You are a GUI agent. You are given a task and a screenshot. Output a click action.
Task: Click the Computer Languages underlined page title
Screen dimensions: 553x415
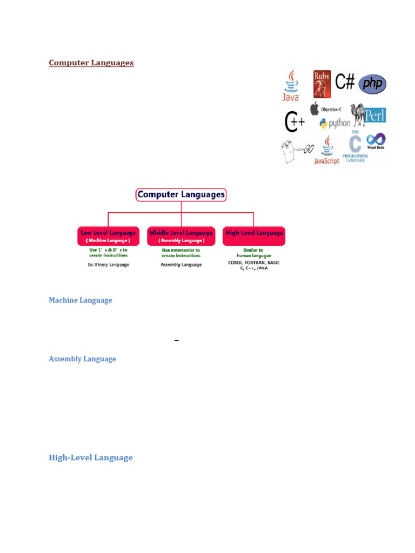[x=91, y=63]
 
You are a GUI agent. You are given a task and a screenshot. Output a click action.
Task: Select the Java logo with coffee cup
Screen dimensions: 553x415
[x=291, y=85]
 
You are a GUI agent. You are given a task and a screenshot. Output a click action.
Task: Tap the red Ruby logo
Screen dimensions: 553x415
[x=322, y=83]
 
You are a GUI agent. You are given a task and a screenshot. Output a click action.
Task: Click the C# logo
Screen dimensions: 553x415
[x=345, y=82]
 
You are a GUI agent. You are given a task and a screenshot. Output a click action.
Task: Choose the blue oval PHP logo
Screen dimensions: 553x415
[x=372, y=84]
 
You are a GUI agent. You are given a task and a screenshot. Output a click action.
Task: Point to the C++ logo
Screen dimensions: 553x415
[x=294, y=122]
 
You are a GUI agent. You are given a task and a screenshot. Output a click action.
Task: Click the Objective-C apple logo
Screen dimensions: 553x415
[x=314, y=109]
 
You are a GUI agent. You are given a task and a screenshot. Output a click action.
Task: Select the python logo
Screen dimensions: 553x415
[x=334, y=124]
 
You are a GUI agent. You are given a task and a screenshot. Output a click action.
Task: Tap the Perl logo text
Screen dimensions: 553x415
[x=375, y=115]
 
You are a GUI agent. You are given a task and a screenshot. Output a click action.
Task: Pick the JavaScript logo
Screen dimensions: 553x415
[x=326, y=151]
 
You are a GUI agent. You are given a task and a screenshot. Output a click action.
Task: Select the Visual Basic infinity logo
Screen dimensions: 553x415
[x=376, y=141]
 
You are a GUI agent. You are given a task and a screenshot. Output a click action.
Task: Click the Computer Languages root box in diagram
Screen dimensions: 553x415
[x=181, y=194]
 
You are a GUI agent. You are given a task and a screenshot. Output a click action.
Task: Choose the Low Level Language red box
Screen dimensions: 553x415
[x=108, y=236]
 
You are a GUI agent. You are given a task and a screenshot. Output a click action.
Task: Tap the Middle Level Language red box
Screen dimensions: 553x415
[x=181, y=236]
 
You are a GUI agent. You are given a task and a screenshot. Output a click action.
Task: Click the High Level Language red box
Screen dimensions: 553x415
[x=254, y=236]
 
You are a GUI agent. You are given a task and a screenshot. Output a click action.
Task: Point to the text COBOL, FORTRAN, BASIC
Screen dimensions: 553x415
[x=254, y=262]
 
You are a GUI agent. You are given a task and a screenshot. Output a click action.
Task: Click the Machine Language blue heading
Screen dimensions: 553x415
[x=81, y=300]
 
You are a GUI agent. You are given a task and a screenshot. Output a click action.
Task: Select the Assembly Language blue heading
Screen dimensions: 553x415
[x=82, y=359]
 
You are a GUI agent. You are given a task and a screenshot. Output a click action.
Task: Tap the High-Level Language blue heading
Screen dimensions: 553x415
[x=91, y=457]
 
